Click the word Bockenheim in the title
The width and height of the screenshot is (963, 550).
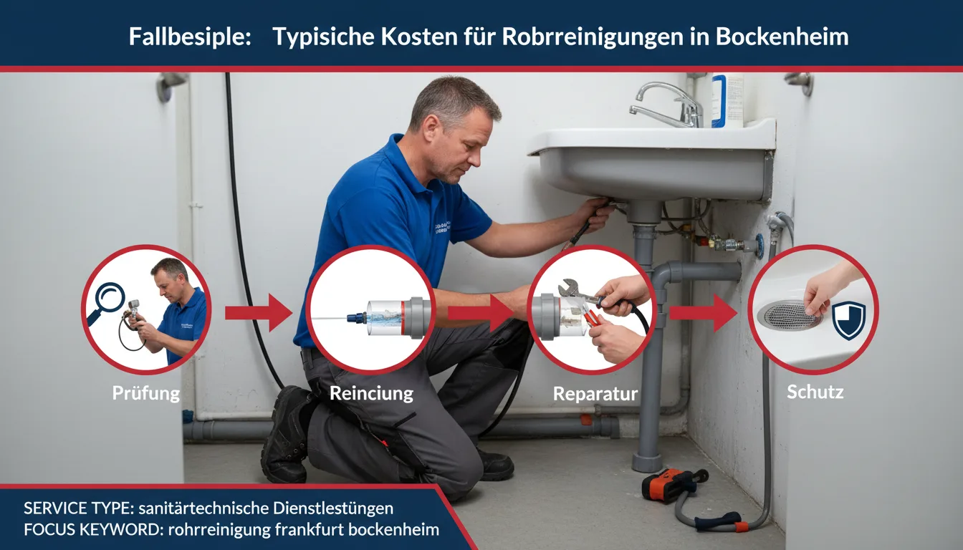tap(782, 37)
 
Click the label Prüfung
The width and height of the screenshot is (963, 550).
tap(145, 393)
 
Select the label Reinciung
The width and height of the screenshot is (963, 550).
tap(371, 393)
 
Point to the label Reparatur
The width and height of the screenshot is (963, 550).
tap(595, 394)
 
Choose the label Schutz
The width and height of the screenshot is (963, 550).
tap(815, 392)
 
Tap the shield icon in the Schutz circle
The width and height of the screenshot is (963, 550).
tap(848, 320)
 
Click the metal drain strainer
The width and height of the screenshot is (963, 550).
tap(790, 315)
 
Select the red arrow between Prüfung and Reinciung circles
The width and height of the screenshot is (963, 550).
tap(259, 312)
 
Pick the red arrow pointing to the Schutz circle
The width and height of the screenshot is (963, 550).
tap(703, 312)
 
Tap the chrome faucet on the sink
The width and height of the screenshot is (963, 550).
tap(667, 105)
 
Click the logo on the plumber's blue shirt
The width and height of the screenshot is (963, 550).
tap(443, 227)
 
